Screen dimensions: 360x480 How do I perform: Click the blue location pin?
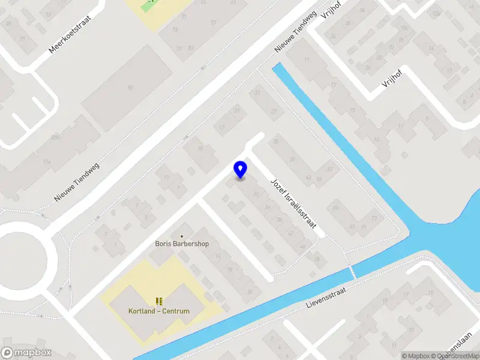click(241, 169)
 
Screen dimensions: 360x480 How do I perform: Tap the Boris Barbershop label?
click(182, 245)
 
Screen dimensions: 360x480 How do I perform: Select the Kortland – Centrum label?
click(159, 311)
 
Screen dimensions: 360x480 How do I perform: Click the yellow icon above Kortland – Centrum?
click(159, 301)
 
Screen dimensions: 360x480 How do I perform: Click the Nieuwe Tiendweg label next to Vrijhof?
click(295, 32)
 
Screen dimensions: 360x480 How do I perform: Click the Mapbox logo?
click(26, 353)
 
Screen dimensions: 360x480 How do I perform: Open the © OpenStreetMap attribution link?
click(458, 356)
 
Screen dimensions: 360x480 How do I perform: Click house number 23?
click(257, 92)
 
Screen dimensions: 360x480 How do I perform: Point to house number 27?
click(275, 112)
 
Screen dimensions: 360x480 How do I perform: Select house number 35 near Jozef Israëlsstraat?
click(276, 142)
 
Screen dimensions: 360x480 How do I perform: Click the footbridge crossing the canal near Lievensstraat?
click(352, 271)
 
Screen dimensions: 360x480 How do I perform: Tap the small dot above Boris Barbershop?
click(182, 236)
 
